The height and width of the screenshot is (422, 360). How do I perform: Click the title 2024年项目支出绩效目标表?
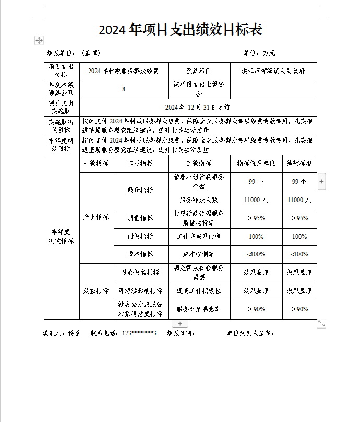(180, 30)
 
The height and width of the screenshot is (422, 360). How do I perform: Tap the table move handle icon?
(39, 40)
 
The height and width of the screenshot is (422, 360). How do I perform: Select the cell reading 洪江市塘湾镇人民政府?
(273, 71)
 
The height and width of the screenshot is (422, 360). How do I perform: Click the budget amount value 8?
(123, 89)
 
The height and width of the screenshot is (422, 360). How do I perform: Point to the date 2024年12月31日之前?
(197, 108)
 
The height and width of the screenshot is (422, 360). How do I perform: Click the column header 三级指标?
(199, 163)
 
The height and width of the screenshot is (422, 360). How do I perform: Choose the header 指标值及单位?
(256, 163)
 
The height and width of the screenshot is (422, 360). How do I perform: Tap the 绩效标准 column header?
(299, 163)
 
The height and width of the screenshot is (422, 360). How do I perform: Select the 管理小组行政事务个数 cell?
(199, 182)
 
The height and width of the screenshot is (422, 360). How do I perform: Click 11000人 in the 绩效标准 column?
(299, 200)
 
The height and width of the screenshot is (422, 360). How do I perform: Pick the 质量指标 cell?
(140, 218)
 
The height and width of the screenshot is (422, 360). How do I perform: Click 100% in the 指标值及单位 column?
(256, 237)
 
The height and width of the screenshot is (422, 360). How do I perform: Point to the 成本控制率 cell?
(199, 255)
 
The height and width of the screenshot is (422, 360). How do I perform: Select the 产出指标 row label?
(97, 217)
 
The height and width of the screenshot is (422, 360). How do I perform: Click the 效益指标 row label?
(97, 291)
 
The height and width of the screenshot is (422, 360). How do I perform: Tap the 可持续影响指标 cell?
(140, 291)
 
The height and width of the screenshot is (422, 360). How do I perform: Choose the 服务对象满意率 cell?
(199, 309)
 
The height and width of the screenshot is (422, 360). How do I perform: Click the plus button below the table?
(180, 324)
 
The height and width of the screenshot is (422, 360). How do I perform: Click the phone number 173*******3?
(139, 333)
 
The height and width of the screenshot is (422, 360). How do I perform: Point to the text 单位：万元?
(259, 53)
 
